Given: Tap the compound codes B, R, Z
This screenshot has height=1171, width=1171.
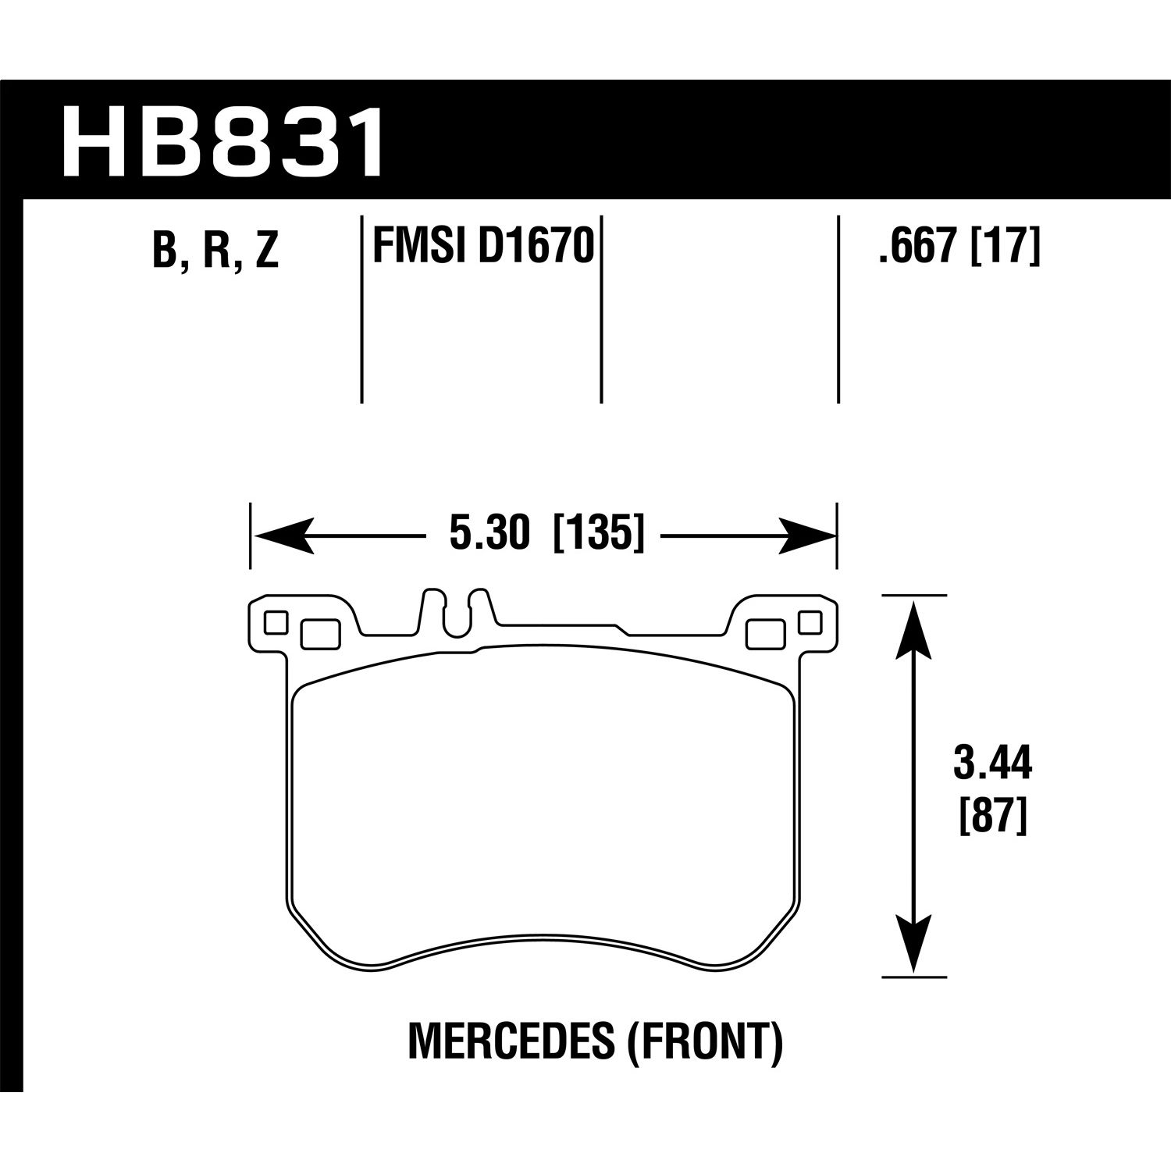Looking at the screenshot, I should [215, 250].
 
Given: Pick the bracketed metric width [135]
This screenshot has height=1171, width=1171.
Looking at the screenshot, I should [599, 535].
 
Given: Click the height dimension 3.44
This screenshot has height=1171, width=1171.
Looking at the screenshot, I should [992, 764].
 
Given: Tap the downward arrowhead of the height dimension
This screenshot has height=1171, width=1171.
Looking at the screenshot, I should [913, 944].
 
